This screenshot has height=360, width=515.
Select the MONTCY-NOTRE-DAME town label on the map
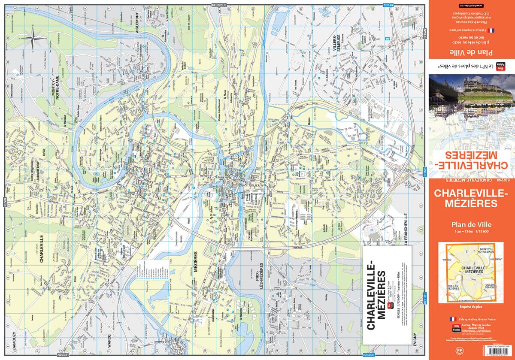click(x=54, y=92)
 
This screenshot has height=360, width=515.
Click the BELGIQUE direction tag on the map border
click(x=221, y=4)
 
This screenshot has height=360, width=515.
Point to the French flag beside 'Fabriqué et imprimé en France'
click(x=452, y=320)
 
